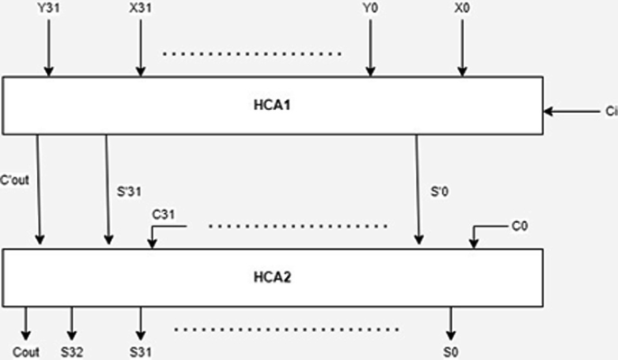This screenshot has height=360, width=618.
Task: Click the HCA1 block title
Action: [272, 105]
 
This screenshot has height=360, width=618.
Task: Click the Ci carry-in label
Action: [611, 112]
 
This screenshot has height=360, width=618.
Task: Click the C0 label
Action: [518, 226]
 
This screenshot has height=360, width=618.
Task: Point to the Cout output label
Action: [26, 351]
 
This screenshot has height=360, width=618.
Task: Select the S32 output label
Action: [72, 351]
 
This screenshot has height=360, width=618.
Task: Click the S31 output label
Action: [140, 351]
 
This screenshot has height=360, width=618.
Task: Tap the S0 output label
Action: [451, 351]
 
